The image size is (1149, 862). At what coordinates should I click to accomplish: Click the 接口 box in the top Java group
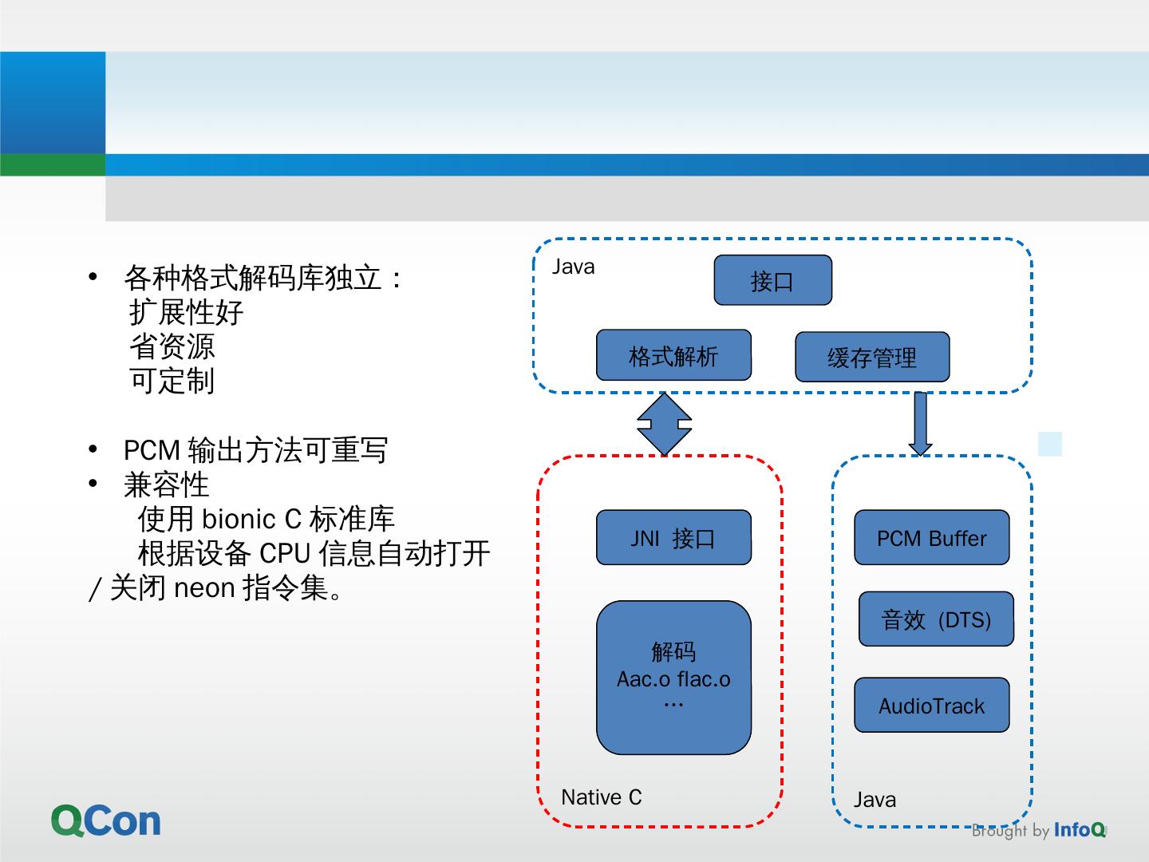(x=772, y=280)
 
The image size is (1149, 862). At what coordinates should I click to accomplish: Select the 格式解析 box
(x=673, y=355)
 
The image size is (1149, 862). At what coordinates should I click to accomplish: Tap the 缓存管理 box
(x=872, y=357)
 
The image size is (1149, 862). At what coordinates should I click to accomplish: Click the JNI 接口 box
(x=673, y=538)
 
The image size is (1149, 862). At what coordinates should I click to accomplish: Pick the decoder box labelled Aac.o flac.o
(x=673, y=678)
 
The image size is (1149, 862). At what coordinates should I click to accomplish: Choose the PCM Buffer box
(x=931, y=538)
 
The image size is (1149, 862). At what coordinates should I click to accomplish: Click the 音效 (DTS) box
(x=936, y=619)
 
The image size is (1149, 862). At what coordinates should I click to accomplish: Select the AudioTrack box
(x=931, y=706)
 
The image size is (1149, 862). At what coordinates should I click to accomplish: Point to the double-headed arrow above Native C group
(x=664, y=424)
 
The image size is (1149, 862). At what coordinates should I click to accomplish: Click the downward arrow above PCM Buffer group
(x=920, y=424)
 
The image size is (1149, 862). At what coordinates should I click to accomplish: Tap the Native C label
(x=601, y=797)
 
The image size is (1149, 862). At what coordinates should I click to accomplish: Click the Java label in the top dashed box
(x=573, y=267)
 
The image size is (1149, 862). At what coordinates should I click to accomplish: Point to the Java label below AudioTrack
(x=875, y=800)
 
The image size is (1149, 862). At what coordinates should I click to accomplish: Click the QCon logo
(x=106, y=820)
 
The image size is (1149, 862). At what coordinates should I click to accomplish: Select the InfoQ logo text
(x=1079, y=830)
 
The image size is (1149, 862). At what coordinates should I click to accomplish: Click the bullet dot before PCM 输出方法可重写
(x=93, y=449)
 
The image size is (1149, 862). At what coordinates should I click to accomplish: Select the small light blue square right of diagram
(x=1050, y=444)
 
